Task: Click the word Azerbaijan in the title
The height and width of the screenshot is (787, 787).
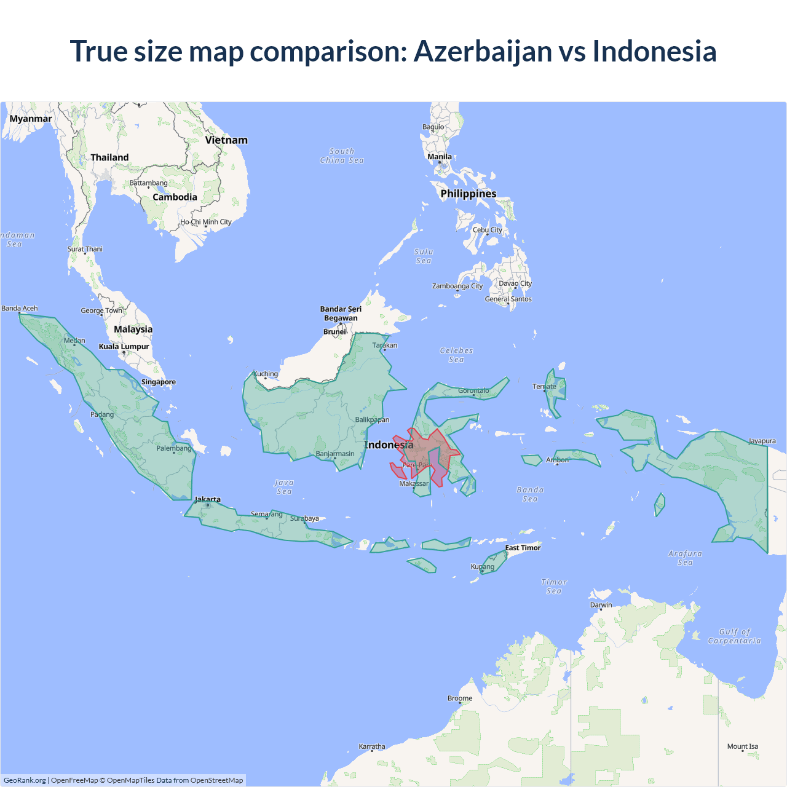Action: click(483, 51)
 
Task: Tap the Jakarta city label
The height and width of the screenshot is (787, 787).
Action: click(207, 500)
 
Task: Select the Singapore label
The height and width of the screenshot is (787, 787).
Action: click(159, 382)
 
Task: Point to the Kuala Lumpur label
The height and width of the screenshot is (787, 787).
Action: click(124, 347)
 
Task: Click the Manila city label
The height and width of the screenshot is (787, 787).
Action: click(440, 157)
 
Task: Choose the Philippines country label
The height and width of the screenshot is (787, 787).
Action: click(468, 194)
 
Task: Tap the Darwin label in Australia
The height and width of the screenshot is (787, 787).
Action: click(601, 605)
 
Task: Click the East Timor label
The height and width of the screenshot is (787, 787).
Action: click(523, 548)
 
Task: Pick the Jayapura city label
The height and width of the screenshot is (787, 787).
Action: click(762, 441)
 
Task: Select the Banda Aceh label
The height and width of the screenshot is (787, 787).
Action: click(20, 309)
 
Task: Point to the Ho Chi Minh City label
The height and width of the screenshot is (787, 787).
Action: click(206, 222)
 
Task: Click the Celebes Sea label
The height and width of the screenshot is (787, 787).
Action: click(456, 355)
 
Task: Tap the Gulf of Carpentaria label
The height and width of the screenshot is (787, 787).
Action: click(734, 636)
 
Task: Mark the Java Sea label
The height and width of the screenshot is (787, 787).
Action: click(284, 487)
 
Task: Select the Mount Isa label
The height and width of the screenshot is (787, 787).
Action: click(743, 746)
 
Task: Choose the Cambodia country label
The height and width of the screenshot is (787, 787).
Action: click(175, 197)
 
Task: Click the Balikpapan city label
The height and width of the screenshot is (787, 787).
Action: click(372, 420)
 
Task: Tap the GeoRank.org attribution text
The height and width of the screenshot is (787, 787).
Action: click(25, 780)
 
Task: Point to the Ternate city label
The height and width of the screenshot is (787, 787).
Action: click(544, 387)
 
